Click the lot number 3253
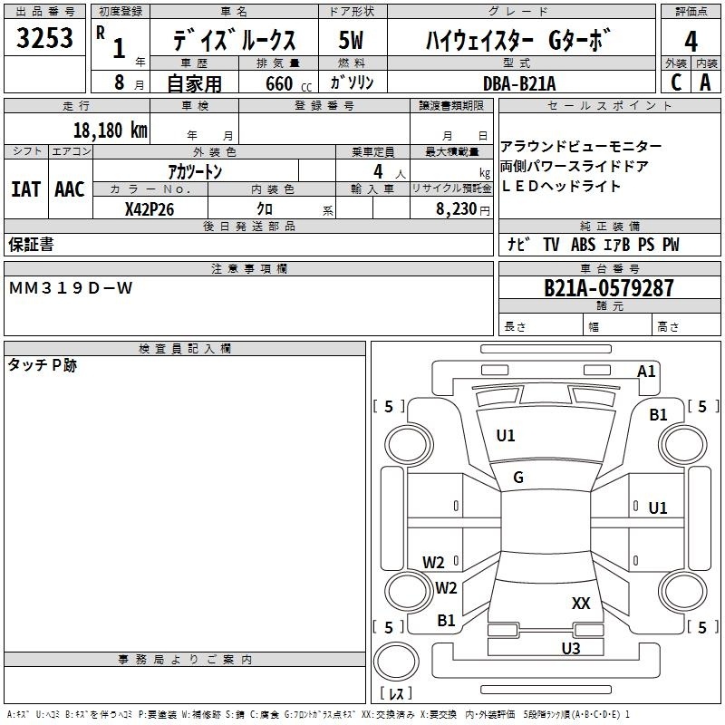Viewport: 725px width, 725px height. (x=45, y=38)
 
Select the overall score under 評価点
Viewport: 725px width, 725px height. (x=691, y=42)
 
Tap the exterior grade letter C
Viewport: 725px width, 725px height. (x=676, y=82)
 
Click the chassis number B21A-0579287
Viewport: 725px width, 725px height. (x=609, y=288)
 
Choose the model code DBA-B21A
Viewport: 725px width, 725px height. (x=519, y=83)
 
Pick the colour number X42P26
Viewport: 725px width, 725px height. (x=150, y=208)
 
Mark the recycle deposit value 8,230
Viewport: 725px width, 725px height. (x=455, y=208)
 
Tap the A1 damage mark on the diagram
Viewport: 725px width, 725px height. (x=646, y=371)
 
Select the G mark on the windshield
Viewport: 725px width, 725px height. (x=518, y=478)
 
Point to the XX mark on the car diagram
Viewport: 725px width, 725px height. (x=581, y=603)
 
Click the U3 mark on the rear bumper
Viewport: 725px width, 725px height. (x=570, y=648)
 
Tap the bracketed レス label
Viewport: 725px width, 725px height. (x=396, y=693)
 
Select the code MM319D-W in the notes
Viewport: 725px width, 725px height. (x=71, y=288)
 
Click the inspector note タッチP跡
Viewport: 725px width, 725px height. (x=43, y=365)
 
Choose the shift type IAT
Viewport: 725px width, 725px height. (x=25, y=189)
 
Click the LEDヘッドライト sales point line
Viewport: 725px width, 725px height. (x=561, y=186)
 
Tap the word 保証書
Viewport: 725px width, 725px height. (x=31, y=245)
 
